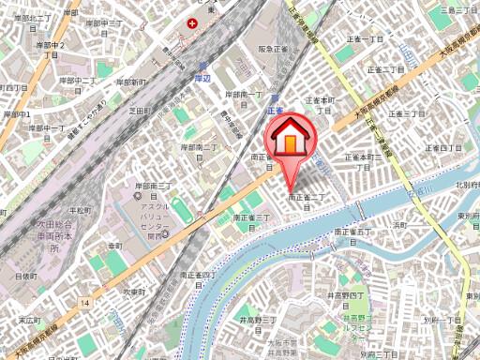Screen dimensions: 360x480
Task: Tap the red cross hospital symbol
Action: (x=192, y=22)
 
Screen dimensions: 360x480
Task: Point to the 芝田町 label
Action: (x=140, y=110)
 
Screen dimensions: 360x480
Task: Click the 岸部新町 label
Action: (x=132, y=82)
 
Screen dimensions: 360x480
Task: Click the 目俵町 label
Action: (x=25, y=277)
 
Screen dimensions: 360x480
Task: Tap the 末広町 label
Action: (x=31, y=320)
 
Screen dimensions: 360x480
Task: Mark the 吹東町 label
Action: (x=139, y=292)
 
